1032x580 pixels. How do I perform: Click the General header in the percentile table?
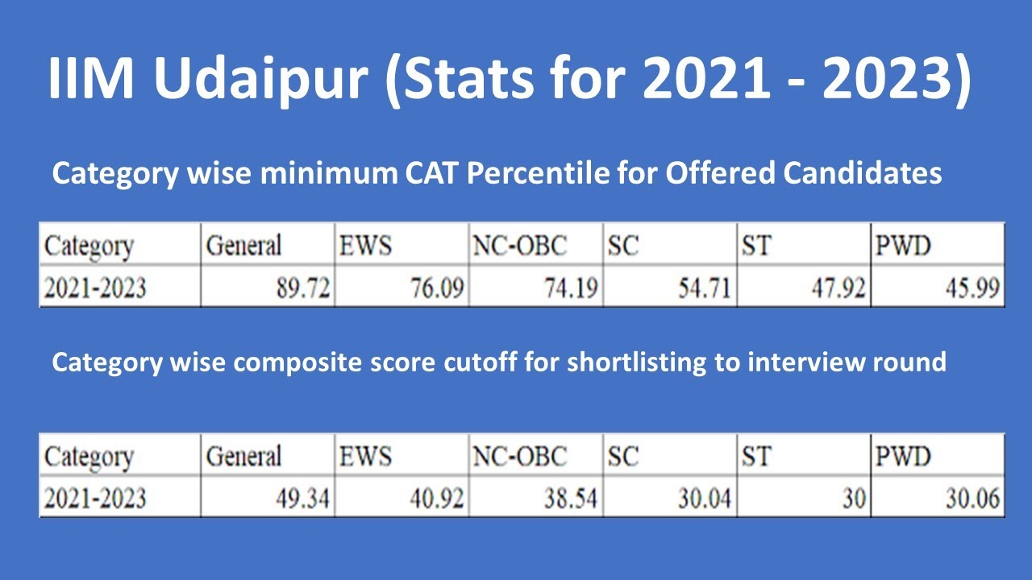coord(243,245)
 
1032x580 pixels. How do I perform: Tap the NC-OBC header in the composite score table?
coord(519,457)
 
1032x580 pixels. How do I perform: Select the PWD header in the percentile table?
coord(903,245)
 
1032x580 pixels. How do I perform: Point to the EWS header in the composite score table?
coord(364,457)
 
